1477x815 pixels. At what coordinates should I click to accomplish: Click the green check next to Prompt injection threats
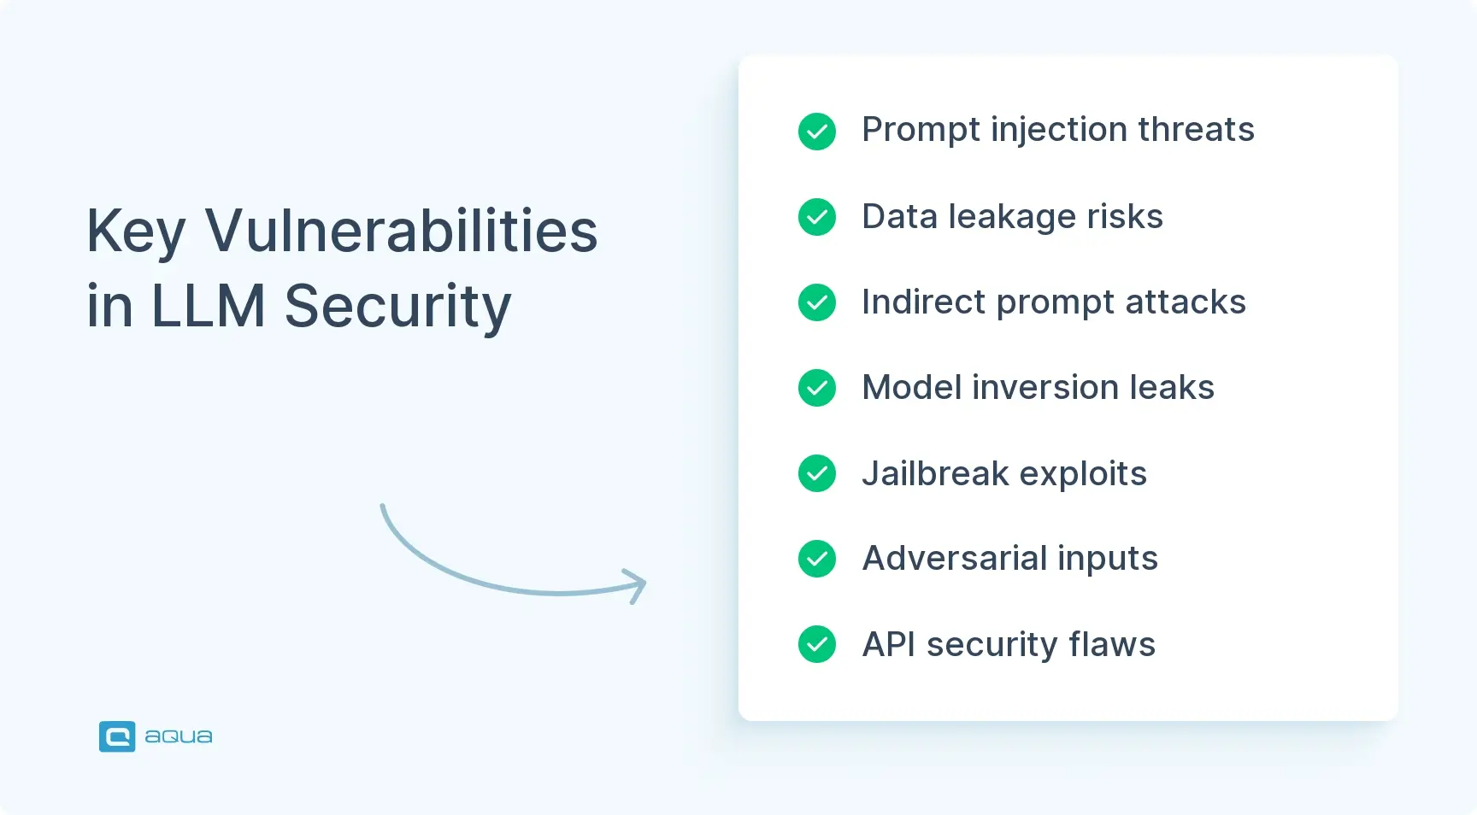(x=816, y=132)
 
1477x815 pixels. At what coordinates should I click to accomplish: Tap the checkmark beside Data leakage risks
(x=816, y=217)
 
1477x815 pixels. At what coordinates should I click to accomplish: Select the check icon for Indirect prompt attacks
(x=816, y=302)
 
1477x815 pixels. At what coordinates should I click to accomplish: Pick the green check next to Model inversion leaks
(x=816, y=388)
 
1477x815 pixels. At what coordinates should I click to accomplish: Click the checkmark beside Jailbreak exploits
(x=816, y=473)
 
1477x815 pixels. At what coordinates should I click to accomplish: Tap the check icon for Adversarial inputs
(x=816, y=559)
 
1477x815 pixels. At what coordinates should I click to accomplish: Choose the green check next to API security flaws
(x=816, y=644)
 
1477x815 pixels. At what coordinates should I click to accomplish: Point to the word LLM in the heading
(x=208, y=306)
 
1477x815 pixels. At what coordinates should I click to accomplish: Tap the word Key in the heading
(x=135, y=232)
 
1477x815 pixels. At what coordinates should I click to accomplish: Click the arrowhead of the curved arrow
(x=638, y=585)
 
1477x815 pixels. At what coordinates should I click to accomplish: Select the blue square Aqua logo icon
(x=117, y=736)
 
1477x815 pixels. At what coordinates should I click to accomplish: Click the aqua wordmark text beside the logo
(x=178, y=736)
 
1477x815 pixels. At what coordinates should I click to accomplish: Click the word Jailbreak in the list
(x=935, y=473)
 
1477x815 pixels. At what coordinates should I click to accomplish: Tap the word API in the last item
(x=888, y=644)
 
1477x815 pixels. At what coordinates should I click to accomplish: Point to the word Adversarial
(x=955, y=559)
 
